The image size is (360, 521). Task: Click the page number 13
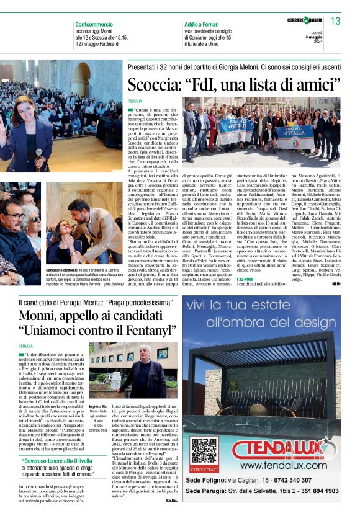tap(336, 22)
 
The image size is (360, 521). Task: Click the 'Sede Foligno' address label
tap(212, 479)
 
